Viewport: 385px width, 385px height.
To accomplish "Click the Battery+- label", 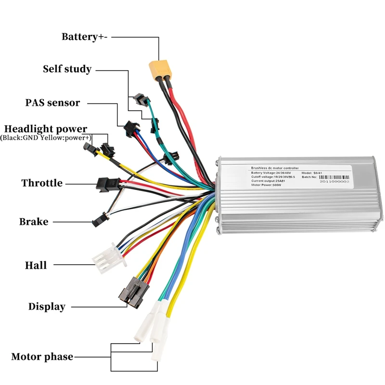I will point(84,37).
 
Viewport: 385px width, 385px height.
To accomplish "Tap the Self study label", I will point(67,69).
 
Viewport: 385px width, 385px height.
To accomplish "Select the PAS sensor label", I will point(52,103).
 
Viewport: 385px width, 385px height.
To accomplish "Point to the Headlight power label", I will point(46,129).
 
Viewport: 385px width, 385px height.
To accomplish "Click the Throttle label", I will point(42,183).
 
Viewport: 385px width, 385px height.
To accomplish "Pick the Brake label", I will point(34,222).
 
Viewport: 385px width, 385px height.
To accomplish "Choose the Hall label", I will point(36,265).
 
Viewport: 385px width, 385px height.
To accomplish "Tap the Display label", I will point(47,307).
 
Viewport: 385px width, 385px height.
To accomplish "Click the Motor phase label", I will point(42,357).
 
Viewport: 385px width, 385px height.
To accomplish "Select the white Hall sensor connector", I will point(108,257).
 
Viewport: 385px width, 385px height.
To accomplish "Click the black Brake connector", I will point(98,220).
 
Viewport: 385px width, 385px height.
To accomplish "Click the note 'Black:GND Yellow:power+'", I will point(46,138).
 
